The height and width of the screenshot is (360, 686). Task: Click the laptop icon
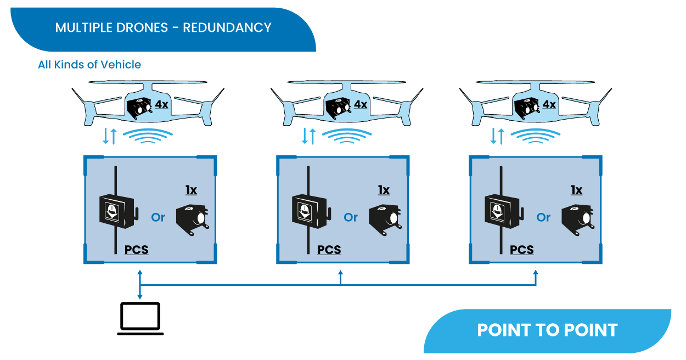(x=140, y=318)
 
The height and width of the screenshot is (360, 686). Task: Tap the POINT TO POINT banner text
(x=547, y=330)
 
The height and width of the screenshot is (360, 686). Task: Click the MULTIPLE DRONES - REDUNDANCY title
(x=163, y=27)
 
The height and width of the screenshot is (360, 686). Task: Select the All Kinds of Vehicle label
(x=89, y=65)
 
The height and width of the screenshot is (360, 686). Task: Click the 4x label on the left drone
(x=161, y=104)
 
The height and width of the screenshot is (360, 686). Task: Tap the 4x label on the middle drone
(x=360, y=104)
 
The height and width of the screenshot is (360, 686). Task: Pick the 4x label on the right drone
(x=549, y=104)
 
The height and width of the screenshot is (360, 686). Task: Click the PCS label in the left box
(x=137, y=250)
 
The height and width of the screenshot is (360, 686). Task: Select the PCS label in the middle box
(x=329, y=250)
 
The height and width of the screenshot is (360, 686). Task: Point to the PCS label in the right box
(x=522, y=250)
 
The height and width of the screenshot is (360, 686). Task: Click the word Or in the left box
(x=158, y=217)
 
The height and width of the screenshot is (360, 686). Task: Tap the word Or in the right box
(x=543, y=217)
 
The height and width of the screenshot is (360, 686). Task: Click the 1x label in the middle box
(x=384, y=190)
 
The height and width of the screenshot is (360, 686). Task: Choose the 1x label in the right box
(x=576, y=190)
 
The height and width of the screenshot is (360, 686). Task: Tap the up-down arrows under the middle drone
(x=309, y=136)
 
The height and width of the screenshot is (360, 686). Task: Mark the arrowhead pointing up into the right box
(x=536, y=272)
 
